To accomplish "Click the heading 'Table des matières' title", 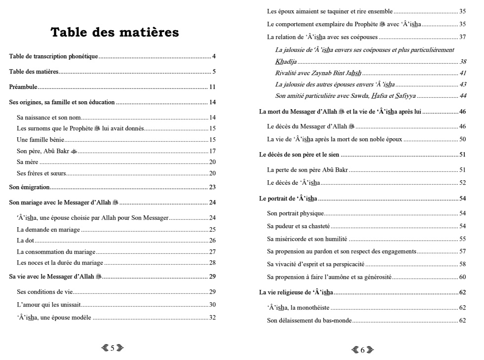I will click(114, 33).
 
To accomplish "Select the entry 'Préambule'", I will click(24, 87).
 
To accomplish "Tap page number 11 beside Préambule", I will click(212, 87).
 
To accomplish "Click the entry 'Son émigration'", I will click(30, 187).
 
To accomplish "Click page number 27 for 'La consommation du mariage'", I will click(213, 251).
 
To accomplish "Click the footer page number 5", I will click(112, 348).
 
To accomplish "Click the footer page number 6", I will click(362, 350).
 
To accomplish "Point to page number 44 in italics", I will click(463, 96).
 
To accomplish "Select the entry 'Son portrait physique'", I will click(295, 213).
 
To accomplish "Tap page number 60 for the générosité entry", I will click(463, 277).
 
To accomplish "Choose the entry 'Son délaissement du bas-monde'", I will click(309, 320).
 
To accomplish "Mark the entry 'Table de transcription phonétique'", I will click(53, 56).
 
